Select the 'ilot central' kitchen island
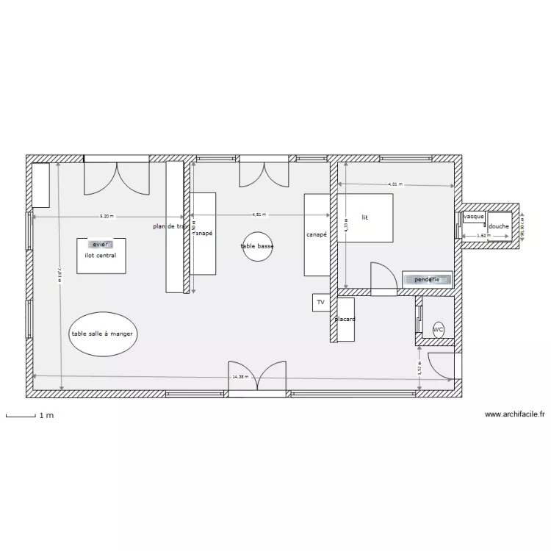(100, 255)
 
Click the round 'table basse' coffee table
(257, 247)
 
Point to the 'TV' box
(320, 302)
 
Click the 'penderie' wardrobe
(427, 280)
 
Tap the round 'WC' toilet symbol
(439, 330)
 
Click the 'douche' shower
(499, 226)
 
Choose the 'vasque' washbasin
(473, 217)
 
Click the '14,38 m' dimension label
(240, 376)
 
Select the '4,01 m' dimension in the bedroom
(396, 184)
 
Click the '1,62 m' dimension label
(482, 236)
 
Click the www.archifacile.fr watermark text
(514, 414)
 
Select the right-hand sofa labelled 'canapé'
(317, 234)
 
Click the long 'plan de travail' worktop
(174, 227)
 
